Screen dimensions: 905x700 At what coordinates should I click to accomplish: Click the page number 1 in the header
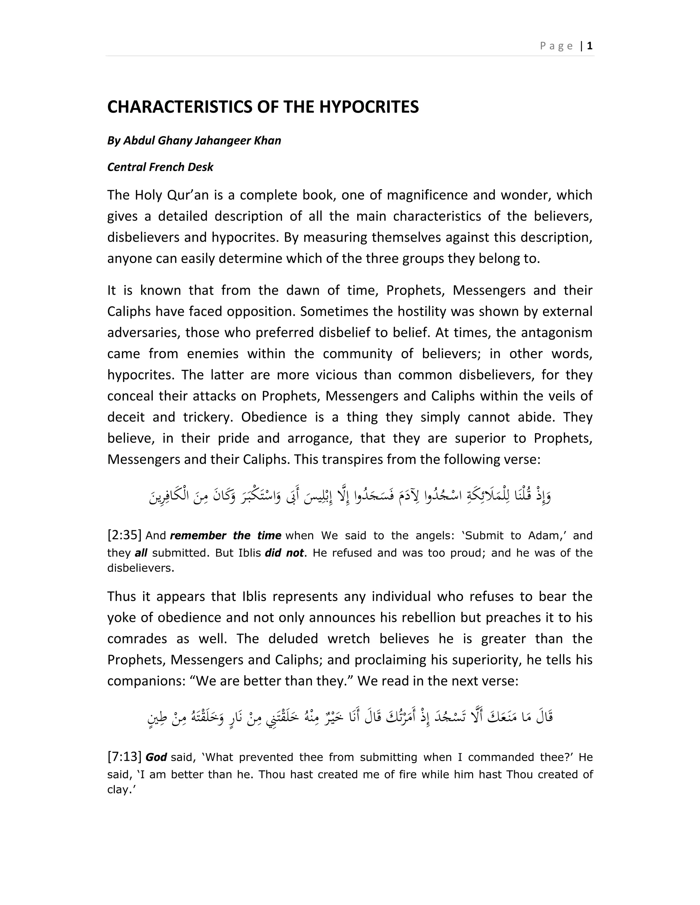pyautogui.click(x=590, y=46)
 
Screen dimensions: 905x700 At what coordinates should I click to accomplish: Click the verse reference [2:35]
pyautogui.click(x=124, y=535)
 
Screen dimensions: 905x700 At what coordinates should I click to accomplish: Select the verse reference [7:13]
pyautogui.click(x=124, y=757)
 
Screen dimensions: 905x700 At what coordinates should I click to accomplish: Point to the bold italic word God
pyautogui.click(x=156, y=757)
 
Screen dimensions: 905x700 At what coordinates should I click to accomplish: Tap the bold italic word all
pyautogui.click(x=141, y=553)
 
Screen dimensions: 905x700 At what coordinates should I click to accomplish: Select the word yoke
pyautogui.click(x=122, y=617)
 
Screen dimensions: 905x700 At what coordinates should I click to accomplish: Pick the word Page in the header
pyautogui.click(x=556, y=46)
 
